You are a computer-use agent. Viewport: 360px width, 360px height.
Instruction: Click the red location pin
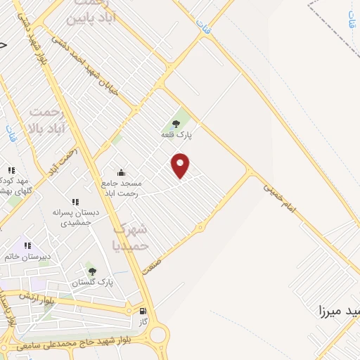(x=181, y=166)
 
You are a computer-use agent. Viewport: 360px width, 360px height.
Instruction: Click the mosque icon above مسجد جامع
(x=121, y=172)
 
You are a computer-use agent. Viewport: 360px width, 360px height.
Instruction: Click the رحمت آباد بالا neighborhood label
(x=47, y=120)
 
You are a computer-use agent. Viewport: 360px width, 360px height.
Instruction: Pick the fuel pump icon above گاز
(x=143, y=311)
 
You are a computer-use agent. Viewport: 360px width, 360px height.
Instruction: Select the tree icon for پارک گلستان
(x=91, y=271)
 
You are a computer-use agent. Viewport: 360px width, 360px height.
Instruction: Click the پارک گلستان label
(x=92, y=282)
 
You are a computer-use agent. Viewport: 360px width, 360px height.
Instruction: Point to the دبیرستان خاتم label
(x=27, y=257)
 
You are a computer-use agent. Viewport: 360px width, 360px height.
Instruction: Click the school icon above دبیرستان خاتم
(x=28, y=245)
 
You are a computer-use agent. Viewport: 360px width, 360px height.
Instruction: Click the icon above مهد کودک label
(x=11, y=169)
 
